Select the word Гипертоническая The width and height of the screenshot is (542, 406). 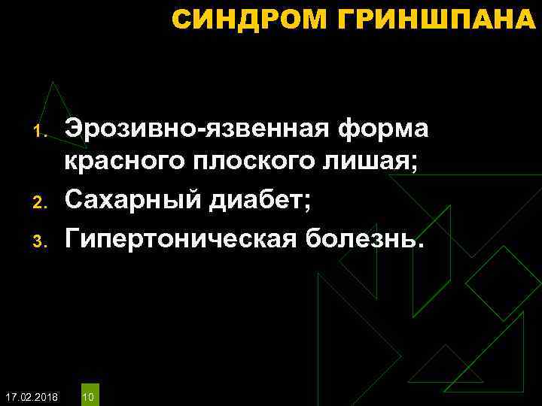180,239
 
